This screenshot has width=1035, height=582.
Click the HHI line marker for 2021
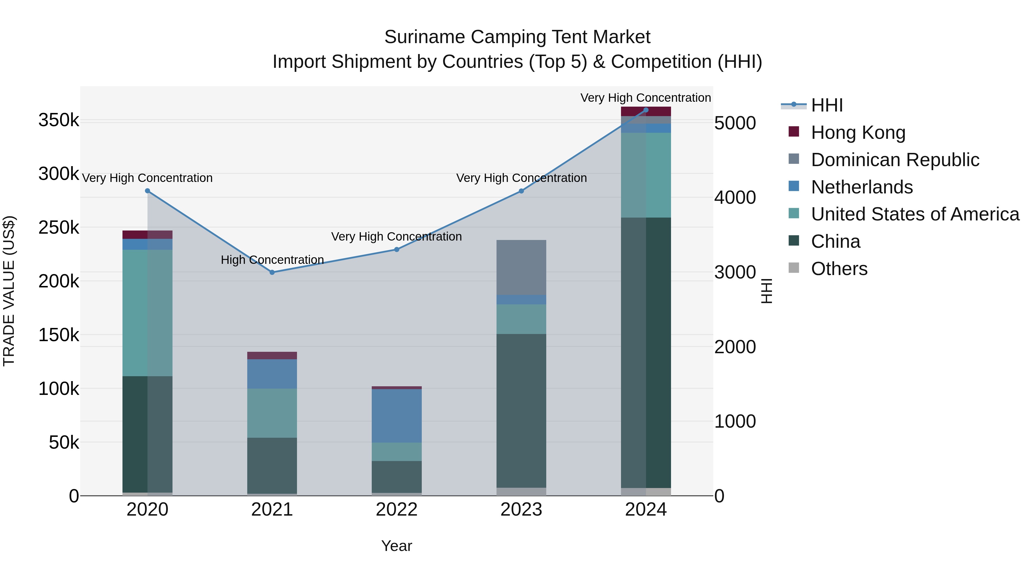point(272,272)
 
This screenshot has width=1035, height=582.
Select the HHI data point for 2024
point(646,110)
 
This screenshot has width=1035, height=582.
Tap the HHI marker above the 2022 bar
point(396,249)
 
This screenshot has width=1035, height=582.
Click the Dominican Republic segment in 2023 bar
point(521,268)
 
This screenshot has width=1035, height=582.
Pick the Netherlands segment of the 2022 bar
point(396,416)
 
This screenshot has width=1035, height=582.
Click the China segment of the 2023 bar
point(521,410)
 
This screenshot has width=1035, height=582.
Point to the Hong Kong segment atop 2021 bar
point(272,356)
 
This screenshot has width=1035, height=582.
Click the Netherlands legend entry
point(862,187)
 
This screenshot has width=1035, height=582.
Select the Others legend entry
point(839,269)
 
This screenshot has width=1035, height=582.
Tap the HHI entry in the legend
point(827,105)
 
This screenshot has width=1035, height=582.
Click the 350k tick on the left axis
point(59,120)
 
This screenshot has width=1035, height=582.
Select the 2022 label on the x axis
point(396,510)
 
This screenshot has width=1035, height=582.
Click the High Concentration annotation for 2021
point(272,260)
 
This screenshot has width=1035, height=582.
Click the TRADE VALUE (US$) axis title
point(9,291)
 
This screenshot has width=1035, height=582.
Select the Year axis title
point(396,546)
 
